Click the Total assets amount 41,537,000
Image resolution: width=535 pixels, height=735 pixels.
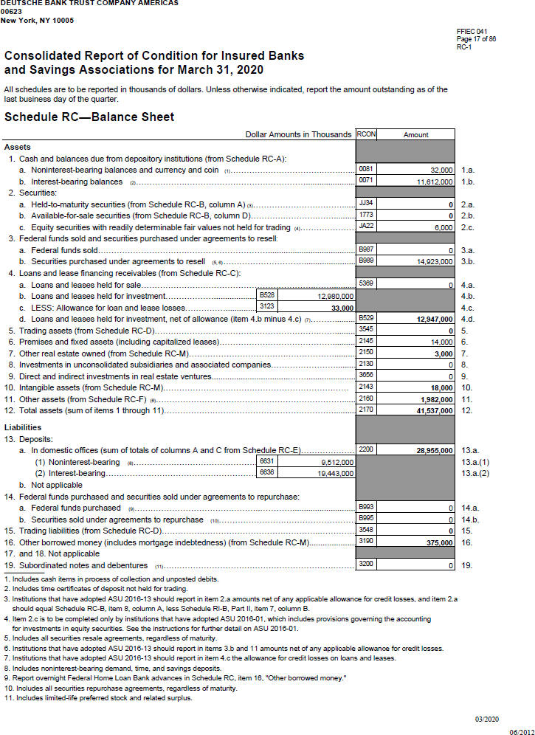point(432,410)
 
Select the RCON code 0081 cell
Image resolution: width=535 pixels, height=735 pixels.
point(365,170)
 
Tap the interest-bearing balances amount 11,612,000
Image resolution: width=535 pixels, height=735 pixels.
point(431,181)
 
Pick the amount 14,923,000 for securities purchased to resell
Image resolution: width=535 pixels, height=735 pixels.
point(431,261)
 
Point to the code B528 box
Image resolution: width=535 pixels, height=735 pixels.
point(266,295)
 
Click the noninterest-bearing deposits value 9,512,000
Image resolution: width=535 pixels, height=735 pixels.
point(338,461)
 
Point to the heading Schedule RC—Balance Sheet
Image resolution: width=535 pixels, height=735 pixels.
point(89,117)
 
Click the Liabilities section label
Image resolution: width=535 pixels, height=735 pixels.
point(23,427)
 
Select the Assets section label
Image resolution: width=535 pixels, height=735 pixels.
point(18,147)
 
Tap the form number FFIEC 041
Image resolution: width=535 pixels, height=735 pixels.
point(472,31)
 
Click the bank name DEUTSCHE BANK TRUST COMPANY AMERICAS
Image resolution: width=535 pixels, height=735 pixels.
point(89,4)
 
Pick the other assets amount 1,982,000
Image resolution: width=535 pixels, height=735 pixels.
point(433,398)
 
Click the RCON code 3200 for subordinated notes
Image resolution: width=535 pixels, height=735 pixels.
point(365,565)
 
